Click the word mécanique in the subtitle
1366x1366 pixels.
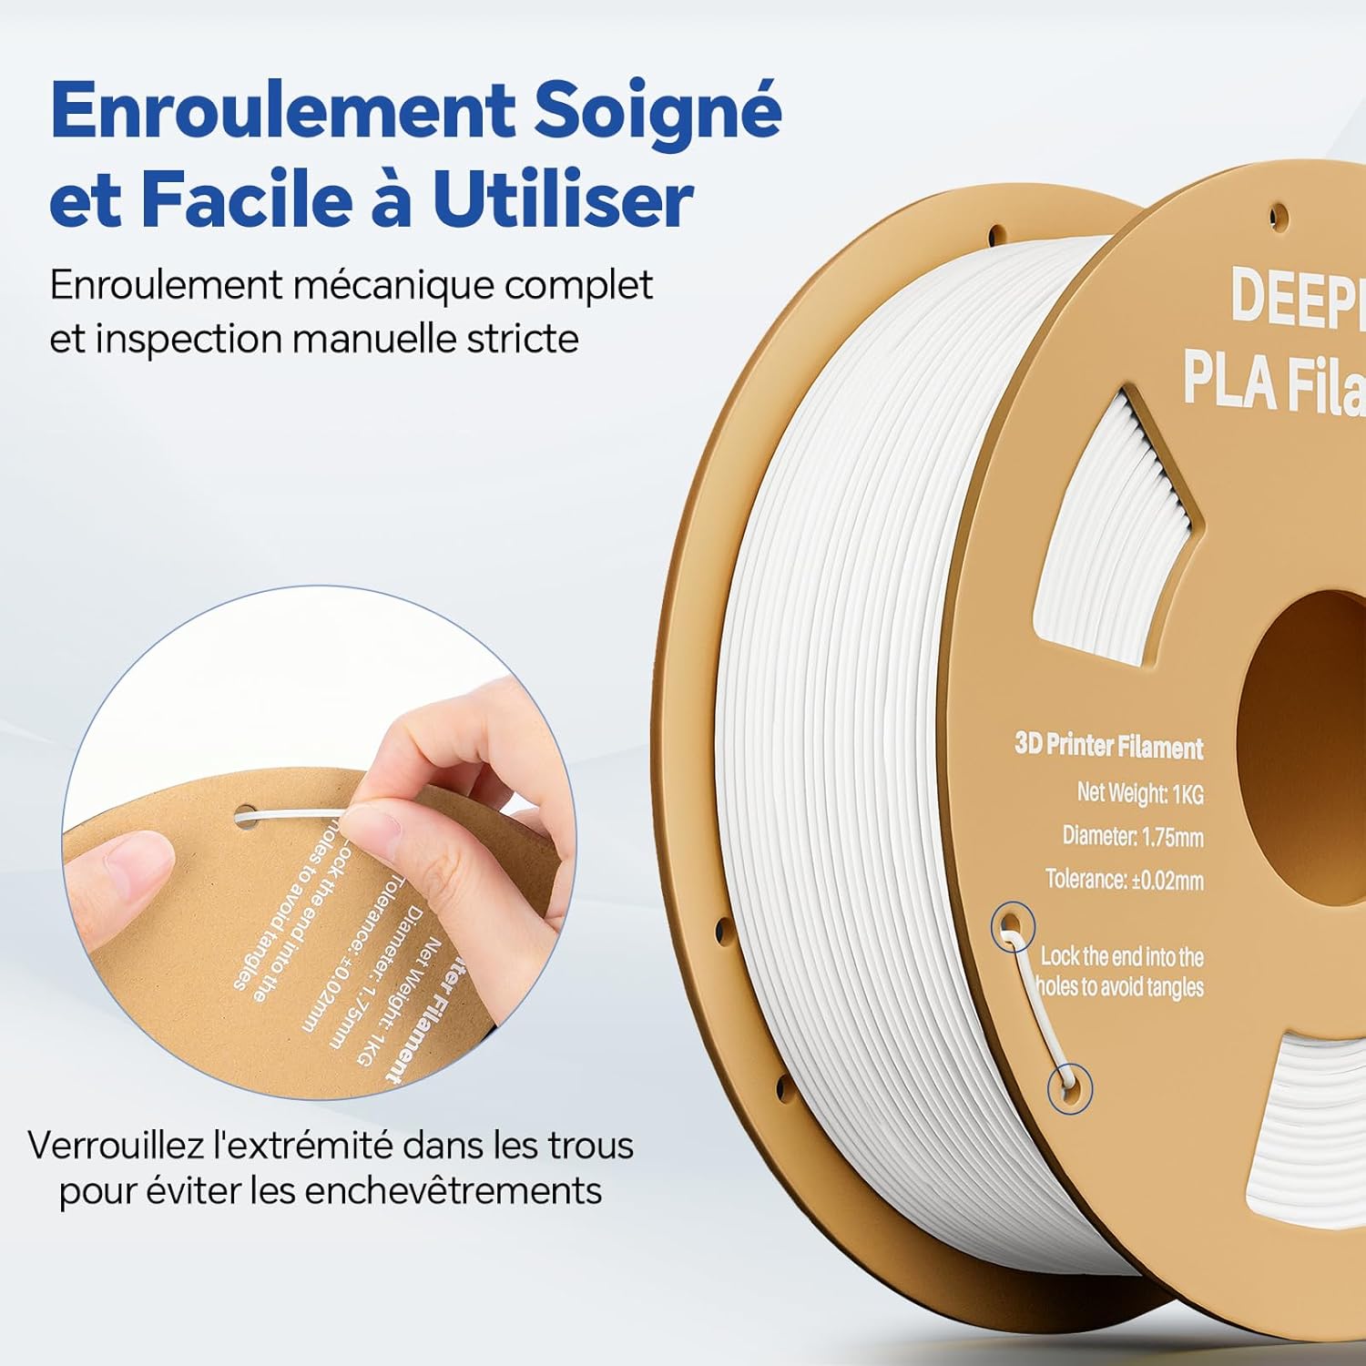click(x=393, y=285)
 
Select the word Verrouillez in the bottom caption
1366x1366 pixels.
click(x=116, y=1146)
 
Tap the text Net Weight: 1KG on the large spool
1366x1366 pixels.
click(x=1139, y=793)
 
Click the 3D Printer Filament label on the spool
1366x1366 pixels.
click(x=1108, y=746)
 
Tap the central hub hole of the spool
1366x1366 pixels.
click(x=1311, y=747)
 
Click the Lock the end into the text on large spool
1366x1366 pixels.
click(x=1121, y=956)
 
